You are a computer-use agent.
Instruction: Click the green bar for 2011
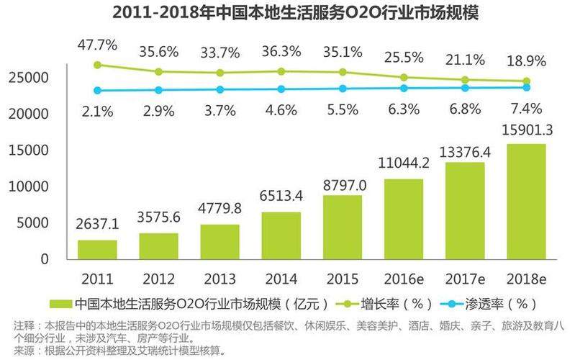[x=97, y=249]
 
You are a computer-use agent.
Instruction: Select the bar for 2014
[x=281, y=235]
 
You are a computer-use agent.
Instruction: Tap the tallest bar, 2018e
[x=525, y=201]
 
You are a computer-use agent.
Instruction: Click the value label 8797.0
[x=343, y=186]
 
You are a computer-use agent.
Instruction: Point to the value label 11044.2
[x=404, y=163]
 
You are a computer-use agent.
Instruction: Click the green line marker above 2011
[x=97, y=65]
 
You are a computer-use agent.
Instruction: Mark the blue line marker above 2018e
[x=526, y=87]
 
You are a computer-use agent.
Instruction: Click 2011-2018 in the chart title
[x=155, y=14]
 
